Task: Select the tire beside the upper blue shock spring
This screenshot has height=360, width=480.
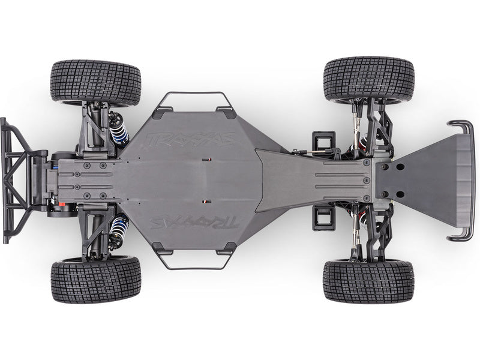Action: coord(95,82)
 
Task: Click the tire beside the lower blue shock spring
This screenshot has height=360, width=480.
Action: coord(95,279)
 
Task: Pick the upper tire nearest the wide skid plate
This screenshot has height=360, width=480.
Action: coord(368,79)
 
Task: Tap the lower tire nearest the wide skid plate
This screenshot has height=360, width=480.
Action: coord(368,281)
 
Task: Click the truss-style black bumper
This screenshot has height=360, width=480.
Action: coord(21,180)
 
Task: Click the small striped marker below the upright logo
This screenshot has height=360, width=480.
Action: coord(206,160)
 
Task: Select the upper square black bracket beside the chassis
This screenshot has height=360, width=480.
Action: coord(322,141)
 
